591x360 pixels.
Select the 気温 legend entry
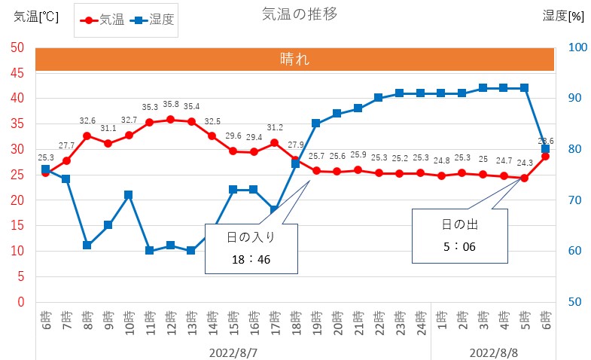pos(104,20)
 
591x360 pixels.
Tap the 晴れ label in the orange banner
pos(294,59)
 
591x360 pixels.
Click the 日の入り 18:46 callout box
pos(251,249)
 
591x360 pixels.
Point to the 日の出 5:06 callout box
pos(460,235)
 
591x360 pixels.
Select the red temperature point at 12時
pos(170,119)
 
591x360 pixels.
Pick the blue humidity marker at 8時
pos(87,246)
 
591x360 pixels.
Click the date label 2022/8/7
pos(233,352)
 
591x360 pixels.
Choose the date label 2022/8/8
pos(493,352)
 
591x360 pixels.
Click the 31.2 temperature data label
pos(274,128)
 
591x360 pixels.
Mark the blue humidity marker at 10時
pos(129,195)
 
